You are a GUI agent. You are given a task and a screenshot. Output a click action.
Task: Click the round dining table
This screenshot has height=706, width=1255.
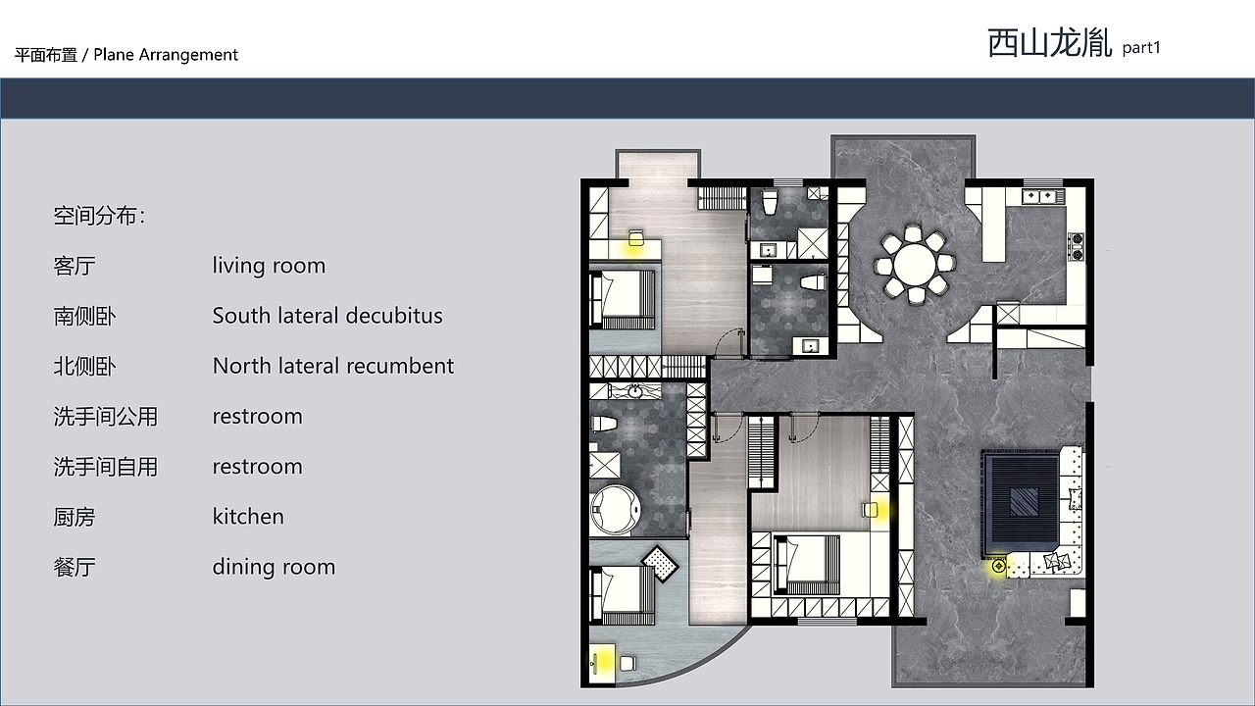pyautogui.click(x=915, y=265)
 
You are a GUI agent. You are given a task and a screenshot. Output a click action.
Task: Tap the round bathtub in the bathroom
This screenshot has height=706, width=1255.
pyautogui.click(x=615, y=510)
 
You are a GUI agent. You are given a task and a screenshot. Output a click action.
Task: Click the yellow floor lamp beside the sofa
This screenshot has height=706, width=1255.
pyautogui.click(x=998, y=566)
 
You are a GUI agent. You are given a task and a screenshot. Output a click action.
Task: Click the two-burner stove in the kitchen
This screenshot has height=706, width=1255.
pyautogui.click(x=1077, y=247)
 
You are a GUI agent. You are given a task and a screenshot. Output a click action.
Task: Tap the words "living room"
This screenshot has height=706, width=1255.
pyautogui.click(x=269, y=265)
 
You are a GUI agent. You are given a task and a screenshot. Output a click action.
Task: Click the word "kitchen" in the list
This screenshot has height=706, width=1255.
pyautogui.click(x=248, y=516)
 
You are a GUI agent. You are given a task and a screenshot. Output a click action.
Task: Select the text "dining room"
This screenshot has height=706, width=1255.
pyautogui.click(x=274, y=567)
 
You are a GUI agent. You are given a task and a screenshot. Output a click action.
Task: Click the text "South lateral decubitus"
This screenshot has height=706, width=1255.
pyautogui.click(x=327, y=316)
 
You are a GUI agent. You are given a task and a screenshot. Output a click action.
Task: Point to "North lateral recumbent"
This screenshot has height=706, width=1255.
pyautogui.click(x=333, y=366)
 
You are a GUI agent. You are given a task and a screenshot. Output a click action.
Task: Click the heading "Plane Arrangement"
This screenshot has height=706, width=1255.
pyautogui.click(x=166, y=54)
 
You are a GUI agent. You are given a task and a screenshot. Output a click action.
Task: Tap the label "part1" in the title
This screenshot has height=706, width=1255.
pyautogui.click(x=1141, y=48)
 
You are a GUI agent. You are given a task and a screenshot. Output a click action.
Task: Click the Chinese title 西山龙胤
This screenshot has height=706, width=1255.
pyautogui.click(x=1049, y=43)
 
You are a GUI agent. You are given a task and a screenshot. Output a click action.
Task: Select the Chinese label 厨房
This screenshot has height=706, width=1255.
pyautogui.click(x=75, y=517)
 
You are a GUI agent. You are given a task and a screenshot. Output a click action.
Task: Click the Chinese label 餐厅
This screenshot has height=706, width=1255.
pyautogui.click(x=75, y=567)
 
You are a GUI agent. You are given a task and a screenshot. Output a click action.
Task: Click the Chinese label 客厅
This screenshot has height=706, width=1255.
pyautogui.click(x=75, y=266)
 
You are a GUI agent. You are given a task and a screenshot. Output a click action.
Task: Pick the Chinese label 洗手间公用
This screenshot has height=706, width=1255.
pyautogui.click(x=106, y=417)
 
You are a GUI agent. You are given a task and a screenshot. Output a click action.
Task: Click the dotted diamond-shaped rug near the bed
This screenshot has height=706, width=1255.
pyautogui.click(x=660, y=564)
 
